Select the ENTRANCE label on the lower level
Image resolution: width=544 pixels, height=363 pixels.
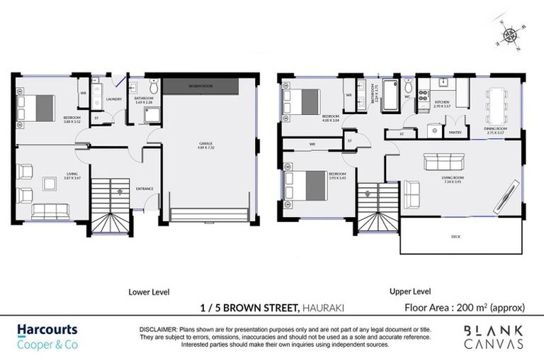pos(144,189)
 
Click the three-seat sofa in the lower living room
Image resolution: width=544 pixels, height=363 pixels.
pos(50,211)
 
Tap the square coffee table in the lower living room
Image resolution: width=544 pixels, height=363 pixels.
pos(50,184)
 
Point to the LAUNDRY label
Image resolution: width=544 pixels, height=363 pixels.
pos(114,99)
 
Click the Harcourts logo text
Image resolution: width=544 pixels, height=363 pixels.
pos(47,330)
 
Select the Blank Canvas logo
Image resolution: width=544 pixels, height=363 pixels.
pos(494,337)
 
